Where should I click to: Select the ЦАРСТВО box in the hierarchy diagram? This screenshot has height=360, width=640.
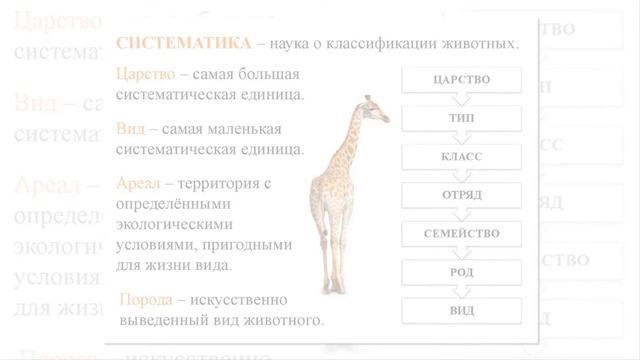tap(461, 80)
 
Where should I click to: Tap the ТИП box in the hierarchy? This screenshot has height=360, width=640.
tap(461, 118)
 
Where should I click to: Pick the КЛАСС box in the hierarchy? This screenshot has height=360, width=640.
tap(461, 157)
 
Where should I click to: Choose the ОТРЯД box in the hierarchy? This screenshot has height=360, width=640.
tap(461, 195)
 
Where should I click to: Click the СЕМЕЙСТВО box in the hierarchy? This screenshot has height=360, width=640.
tap(461, 234)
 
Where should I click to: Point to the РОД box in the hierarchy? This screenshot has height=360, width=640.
tap(461, 272)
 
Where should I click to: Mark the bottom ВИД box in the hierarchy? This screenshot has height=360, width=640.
tap(461, 310)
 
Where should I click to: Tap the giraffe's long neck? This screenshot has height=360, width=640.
tap(354, 140)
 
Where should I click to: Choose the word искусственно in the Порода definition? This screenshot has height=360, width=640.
tap(239, 300)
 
